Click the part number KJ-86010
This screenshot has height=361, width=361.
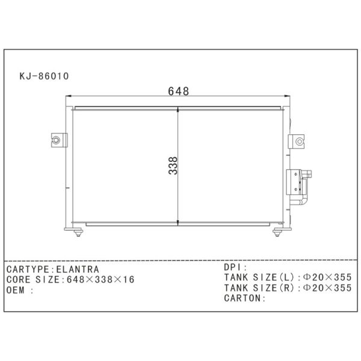[x=44, y=76]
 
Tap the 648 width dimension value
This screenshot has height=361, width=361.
[x=179, y=91]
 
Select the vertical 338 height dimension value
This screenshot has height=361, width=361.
[x=173, y=166]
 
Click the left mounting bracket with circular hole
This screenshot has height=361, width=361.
[x=59, y=140]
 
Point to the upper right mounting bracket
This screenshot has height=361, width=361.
[x=296, y=141]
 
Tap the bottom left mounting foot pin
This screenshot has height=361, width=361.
[x=78, y=233]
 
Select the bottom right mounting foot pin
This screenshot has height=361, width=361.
[x=277, y=233]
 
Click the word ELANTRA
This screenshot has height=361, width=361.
[x=78, y=270]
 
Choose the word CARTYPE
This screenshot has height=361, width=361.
[x=28, y=270]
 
